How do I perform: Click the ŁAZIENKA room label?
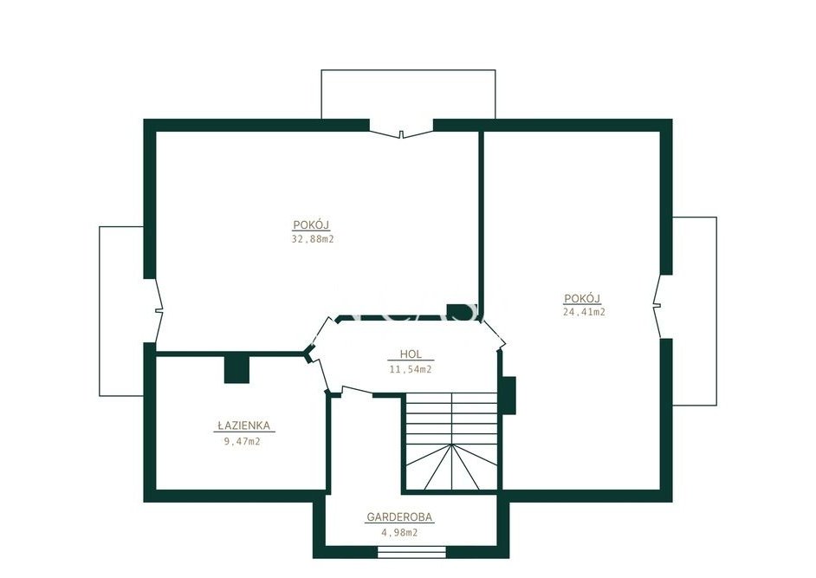point(243,425)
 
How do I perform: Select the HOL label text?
point(411,354)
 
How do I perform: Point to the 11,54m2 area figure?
point(411,369)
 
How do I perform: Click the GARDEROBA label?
point(399,517)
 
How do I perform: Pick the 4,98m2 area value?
point(399,533)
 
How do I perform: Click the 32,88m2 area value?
point(312,239)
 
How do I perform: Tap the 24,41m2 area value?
point(584,312)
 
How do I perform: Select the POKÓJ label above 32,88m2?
point(312,224)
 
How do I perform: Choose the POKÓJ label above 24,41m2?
point(583,298)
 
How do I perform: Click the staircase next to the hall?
point(451,441)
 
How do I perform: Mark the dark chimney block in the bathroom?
point(236,369)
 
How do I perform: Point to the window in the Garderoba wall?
point(411,552)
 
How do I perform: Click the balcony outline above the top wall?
point(408,70)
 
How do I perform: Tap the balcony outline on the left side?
point(100,311)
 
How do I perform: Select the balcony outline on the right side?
point(716,311)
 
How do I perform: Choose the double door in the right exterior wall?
point(659,306)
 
